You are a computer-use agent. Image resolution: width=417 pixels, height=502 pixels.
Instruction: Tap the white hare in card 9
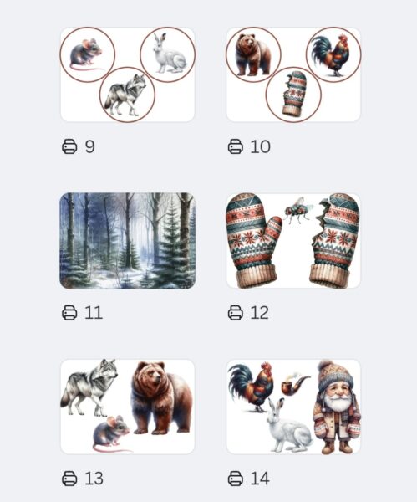[x=169, y=54]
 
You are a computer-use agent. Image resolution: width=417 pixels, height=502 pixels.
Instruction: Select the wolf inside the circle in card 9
[x=126, y=95]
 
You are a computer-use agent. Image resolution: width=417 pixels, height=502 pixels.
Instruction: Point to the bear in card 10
[x=252, y=54]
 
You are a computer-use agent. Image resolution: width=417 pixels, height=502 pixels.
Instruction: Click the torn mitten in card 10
[x=294, y=94]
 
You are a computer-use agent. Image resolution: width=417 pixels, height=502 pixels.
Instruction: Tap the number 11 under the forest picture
[x=94, y=312]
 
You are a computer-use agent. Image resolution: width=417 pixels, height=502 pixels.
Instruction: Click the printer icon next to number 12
[x=236, y=312]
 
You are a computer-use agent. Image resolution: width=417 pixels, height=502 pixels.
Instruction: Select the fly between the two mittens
[x=297, y=210]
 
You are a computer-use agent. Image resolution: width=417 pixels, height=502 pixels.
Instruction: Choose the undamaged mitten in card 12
[x=252, y=240]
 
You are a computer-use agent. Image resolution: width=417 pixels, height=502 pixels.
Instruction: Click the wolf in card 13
[x=89, y=387]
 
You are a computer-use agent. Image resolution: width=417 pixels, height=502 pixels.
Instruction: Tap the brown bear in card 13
[x=161, y=398]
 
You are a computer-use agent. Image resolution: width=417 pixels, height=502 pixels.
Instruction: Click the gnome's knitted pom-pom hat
[x=335, y=375]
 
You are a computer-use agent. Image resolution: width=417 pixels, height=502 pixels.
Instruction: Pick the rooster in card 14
[x=252, y=387]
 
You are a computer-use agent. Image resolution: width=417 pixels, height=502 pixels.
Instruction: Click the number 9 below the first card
[x=90, y=146]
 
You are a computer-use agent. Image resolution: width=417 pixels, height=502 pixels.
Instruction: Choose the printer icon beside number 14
[x=236, y=479]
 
